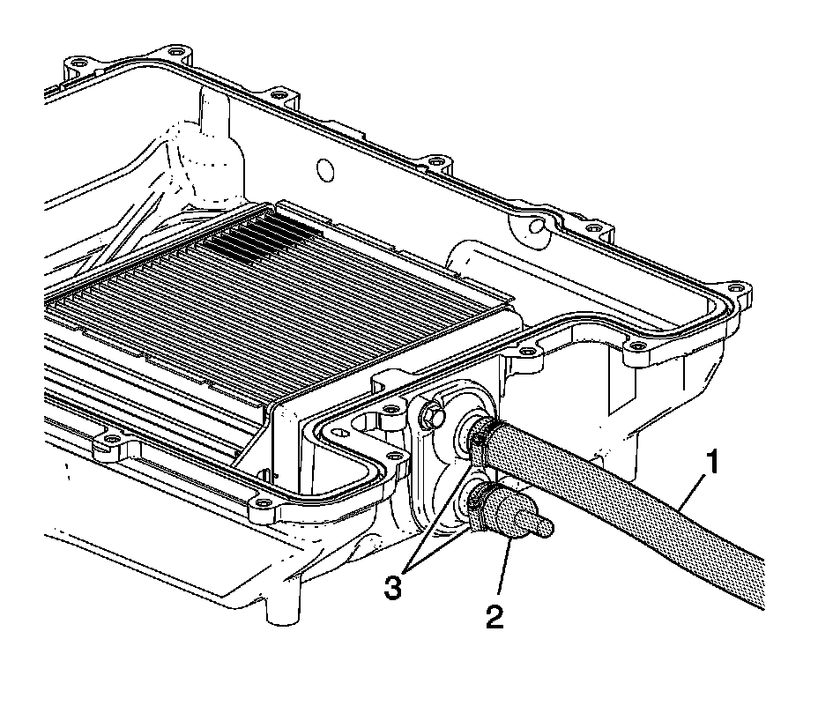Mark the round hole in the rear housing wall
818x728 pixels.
point(323,168)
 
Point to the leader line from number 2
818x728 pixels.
point(505,564)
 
